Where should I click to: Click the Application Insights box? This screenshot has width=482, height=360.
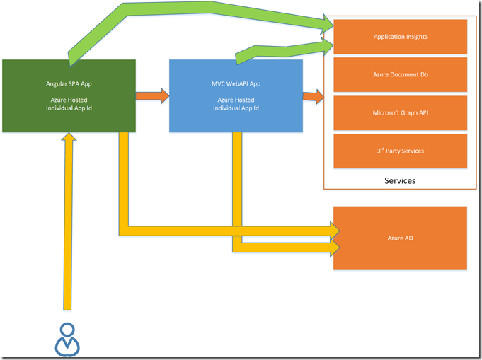(400, 36)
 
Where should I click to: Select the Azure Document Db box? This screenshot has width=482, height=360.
(400, 74)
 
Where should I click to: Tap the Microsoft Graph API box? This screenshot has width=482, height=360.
(400, 112)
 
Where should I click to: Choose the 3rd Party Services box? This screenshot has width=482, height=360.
(400, 151)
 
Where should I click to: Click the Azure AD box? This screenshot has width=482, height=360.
(400, 238)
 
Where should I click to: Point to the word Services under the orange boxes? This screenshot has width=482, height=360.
(400, 180)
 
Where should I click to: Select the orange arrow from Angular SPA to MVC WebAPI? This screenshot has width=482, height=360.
(151, 95)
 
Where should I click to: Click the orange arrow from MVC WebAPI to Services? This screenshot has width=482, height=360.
(313, 95)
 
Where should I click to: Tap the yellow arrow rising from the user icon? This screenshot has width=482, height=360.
(68, 226)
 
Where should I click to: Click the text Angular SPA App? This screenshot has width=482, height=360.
(69, 84)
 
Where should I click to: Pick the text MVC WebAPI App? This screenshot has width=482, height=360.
(236, 84)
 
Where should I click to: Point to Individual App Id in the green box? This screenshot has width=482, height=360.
(69, 108)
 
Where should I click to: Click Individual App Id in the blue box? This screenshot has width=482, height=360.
(236, 108)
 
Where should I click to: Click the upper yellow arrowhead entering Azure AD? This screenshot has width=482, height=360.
(332, 230)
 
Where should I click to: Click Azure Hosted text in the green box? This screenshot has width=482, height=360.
(69, 100)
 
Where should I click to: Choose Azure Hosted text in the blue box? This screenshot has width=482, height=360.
(236, 100)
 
